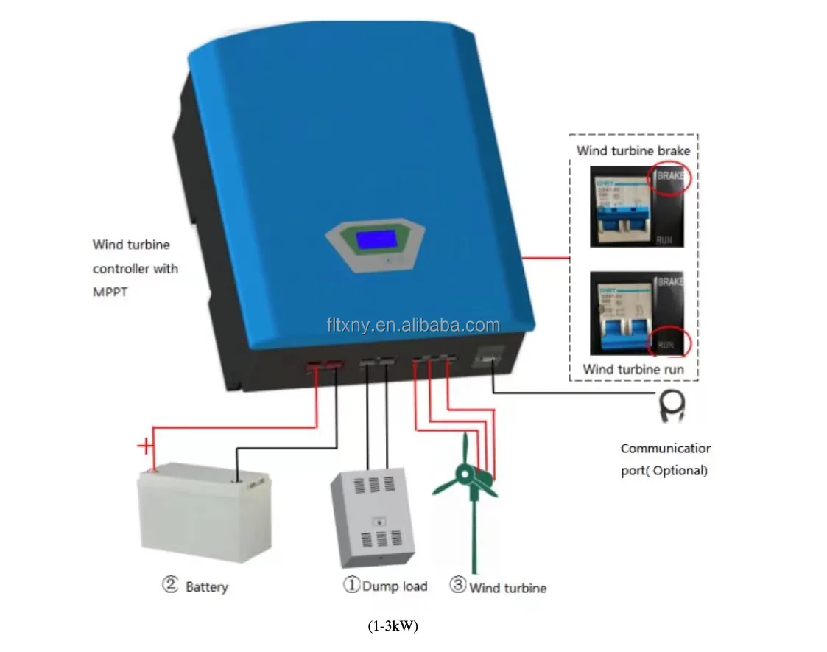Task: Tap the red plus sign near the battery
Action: (147, 446)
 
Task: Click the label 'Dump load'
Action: (394, 586)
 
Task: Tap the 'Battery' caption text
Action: (206, 587)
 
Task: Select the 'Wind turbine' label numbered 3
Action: (507, 588)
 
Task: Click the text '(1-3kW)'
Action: (393, 627)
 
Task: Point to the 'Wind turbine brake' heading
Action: (633, 151)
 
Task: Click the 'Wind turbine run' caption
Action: (633, 369)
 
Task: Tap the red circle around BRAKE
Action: (669, 179)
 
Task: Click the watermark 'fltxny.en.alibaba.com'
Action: (413, 325)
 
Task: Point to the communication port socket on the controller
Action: (489, 359)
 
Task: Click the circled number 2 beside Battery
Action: (170, 586)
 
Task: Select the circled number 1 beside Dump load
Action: (351, 586)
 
